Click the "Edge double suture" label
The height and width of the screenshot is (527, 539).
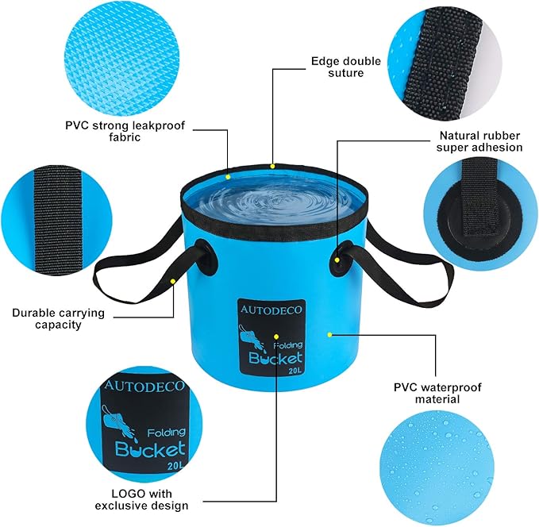(337, 66)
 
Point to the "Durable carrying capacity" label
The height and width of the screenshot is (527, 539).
(59, 318)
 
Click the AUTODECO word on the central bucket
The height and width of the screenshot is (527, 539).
(270, 311)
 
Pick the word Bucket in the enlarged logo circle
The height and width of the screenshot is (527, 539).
(152, 448)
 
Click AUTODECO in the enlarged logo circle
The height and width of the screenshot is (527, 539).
(143, 387)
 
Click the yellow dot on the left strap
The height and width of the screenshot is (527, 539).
(173, 281)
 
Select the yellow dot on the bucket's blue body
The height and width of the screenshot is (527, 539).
(329, 334)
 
